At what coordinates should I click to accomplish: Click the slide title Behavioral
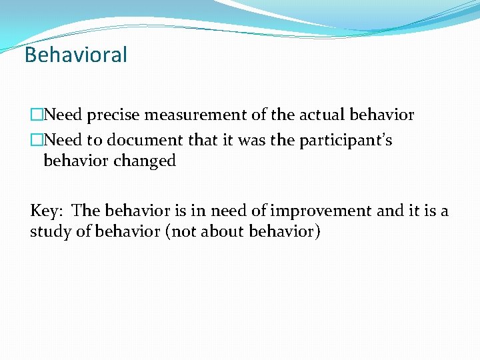(75, 55)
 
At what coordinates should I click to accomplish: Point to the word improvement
(322, 211)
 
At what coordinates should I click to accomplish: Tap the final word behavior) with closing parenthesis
(285, 233)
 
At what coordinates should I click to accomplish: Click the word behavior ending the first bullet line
(381, 115)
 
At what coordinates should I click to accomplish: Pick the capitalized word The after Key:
(85, 211)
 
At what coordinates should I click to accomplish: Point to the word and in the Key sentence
(390, 211)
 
